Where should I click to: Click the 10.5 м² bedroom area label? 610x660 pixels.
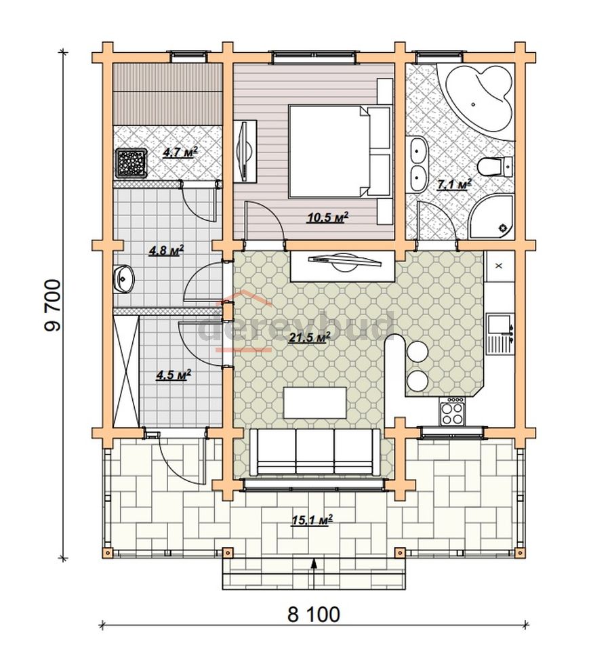click(x=328, y=218)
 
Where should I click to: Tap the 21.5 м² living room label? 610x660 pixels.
click(x=308, y=337)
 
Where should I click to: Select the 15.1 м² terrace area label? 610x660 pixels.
click(x=312, y=520)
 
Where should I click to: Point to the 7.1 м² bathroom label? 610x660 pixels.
click(x=454, y=184)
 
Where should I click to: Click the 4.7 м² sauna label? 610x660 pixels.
click(x=180, y=152)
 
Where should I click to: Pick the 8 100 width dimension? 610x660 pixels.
click(x=314, y=614)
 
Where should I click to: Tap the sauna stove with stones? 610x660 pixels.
click(x=131, y=163)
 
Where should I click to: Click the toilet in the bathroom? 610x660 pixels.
click(x=495, y=166)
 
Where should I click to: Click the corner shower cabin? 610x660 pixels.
click(x=491, y=217)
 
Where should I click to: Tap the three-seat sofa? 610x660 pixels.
click(x=315, y=453)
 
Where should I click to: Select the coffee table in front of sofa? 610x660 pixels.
click(x=315, y=403)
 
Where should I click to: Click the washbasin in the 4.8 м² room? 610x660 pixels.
click(x=124, y=279)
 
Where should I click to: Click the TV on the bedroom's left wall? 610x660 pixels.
click(x=245, y=152)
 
